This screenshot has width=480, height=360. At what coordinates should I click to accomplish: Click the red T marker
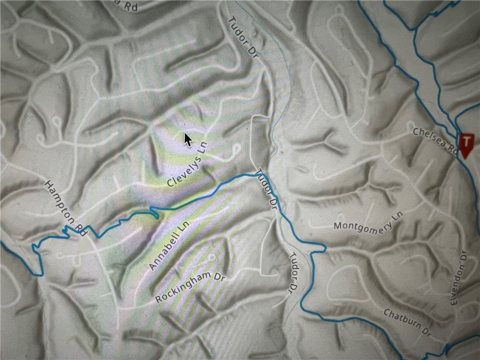click(466, 142)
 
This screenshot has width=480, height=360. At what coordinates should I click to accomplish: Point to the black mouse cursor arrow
click(187, 139)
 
